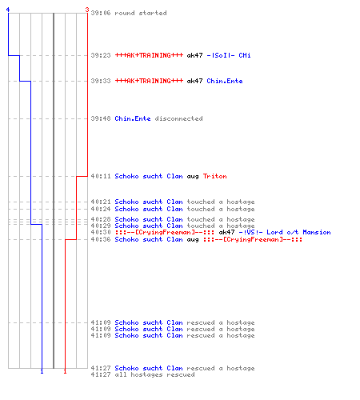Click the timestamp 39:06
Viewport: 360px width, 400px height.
click(101, 13)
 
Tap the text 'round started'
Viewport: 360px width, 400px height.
click(141, 13)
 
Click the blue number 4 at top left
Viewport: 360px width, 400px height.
click(8, 10)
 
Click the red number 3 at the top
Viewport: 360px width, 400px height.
click(87, 10)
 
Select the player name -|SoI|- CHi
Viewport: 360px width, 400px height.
click(229, 55)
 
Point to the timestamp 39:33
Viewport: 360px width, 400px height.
click(101, 81)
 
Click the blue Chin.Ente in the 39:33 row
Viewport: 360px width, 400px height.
click(225, 81)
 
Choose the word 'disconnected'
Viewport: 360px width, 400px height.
click(178, 118)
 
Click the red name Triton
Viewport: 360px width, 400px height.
click(214, 176)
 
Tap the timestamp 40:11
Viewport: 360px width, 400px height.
click(101, 176)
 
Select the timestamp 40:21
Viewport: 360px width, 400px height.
click(101, 202)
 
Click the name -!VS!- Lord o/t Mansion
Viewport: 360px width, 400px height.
click(285, 232)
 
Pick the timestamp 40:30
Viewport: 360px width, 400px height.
click(101, 232)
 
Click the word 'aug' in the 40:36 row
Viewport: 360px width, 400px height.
click(193, 240)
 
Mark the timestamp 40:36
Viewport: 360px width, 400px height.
click(101, 239)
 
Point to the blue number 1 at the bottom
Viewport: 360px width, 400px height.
click(42, 371)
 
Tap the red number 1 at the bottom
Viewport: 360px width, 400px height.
click(65, 371)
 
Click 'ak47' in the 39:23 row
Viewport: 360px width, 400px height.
click(194, 55)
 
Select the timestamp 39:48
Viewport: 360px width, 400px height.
click(101, 118)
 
